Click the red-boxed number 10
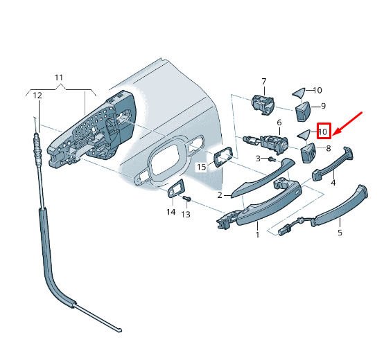(x=323, y=132)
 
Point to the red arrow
(x=347, y=123)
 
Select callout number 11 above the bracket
(x=59, y=78)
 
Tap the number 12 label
(x=37, y=95)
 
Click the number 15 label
(x=202, y=167)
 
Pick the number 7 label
(x=264, y=81)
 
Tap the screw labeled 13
(x=187, y=198)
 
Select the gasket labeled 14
(x=175, y=188)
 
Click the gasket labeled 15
(x=222, y=156)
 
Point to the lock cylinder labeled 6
(x=265, y=144)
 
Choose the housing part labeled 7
(x=263, y=105)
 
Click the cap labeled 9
(x=303, y=111)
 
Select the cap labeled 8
(x=308, y=152)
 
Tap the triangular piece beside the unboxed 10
(x=299, y=93)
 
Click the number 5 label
(x=340, y=233)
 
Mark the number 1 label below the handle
(x=257, y=235)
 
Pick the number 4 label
(x=333, y=183)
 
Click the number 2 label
(x=220, y=195)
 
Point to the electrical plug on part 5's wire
(x=284, y=230)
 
